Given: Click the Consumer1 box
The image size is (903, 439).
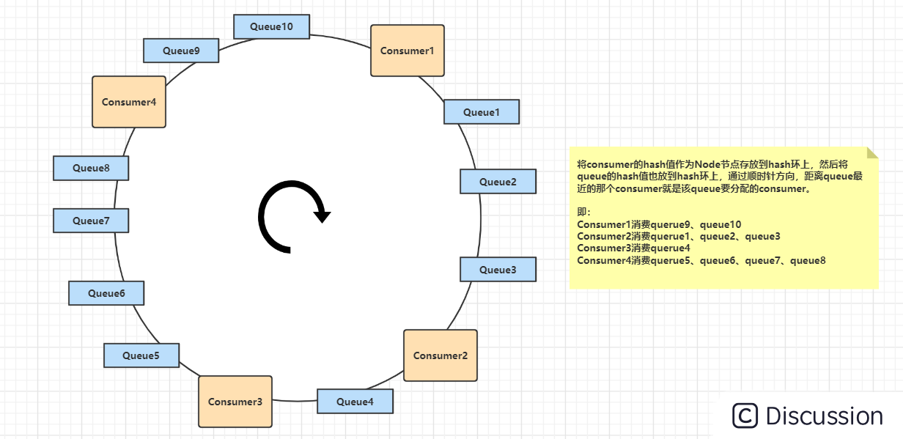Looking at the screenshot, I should point(408,51).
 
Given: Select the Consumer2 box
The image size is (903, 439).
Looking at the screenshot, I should point(441,355).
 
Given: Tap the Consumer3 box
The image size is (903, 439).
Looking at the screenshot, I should point(235,402).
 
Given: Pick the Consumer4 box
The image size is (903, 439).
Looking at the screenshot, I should point(129,102).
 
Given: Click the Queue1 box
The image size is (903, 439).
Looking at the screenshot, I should point(482,112).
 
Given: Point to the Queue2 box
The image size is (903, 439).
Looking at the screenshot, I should point(498,182).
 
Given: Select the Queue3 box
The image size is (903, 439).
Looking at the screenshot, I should point(498,270).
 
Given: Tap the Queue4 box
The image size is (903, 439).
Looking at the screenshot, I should point(355,402).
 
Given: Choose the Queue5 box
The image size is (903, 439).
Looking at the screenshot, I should point(141,355).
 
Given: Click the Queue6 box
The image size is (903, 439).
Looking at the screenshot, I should point(106,293).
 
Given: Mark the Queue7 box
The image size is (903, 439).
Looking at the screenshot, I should point(91,221).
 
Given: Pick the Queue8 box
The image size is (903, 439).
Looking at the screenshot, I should point(91,168).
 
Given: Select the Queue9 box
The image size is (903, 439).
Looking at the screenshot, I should point(181,51).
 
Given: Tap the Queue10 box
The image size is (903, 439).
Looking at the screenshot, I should point(271,26).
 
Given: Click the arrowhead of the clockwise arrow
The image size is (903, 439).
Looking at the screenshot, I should point(322,215).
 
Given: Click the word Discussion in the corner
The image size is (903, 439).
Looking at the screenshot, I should point(825,416).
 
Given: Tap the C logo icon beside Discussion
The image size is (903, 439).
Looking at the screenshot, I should point(745,416).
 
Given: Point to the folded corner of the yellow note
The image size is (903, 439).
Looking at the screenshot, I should point(872,152).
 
